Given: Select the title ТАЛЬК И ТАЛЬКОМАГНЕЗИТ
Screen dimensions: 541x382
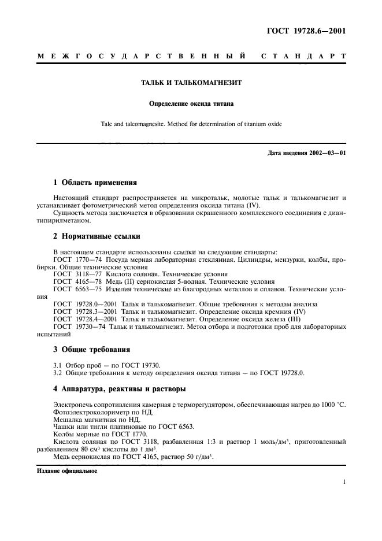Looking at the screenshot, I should (x=191, y=83).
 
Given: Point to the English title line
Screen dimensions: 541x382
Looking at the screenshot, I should (x=191, y=124).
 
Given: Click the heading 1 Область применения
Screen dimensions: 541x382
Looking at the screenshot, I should (x=95, y=182).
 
